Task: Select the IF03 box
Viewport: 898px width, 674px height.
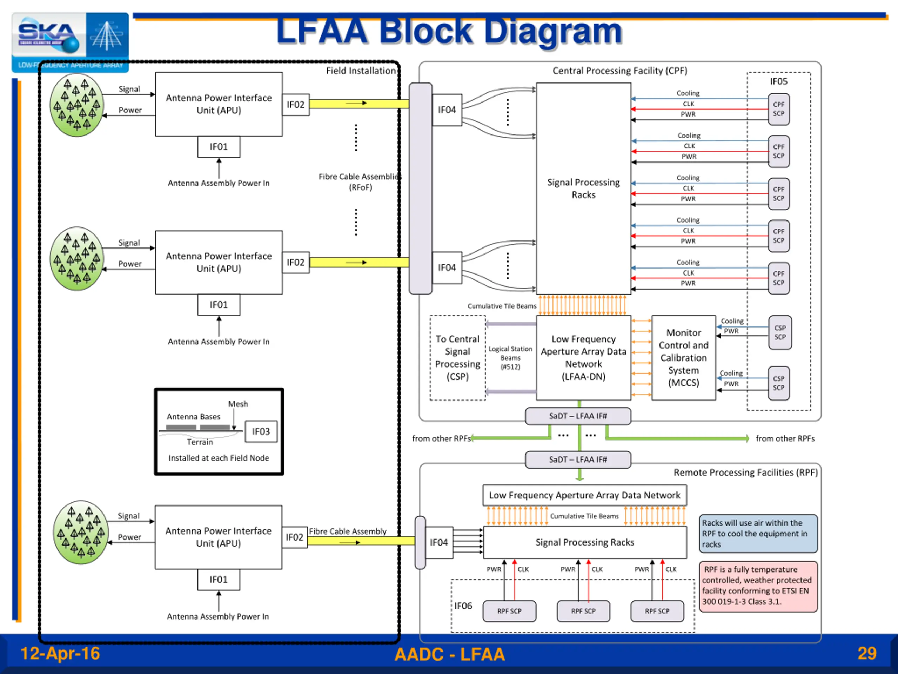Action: click(x=261, y=431)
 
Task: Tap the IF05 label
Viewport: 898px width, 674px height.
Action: click(x=778, y=82)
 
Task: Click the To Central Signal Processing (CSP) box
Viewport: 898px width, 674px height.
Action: click(x=457, y=357)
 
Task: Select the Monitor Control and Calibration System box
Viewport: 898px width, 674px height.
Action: click(x=684, y=357)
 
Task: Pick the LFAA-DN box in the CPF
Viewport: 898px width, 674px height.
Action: click(x=583, y=357)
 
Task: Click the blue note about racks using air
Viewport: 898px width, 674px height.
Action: click(x=758, y=534)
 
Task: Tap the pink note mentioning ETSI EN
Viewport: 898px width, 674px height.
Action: click(x=758, y=586)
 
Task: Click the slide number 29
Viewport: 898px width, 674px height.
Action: click(x=867, y=653)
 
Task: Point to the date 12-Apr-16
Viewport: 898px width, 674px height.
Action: click(x=60, y=653)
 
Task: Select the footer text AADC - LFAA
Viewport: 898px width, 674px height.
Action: click(x=449, y=654)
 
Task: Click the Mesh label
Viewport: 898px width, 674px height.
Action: click(x=238, y=404)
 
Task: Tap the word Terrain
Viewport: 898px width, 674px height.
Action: click(x=200, y=442)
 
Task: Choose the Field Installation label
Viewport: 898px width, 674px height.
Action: click(x=361, y=71)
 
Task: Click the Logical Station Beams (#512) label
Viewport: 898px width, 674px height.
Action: click(x=510, y=357)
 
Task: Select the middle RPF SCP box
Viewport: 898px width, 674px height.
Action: click(x=583, y=611)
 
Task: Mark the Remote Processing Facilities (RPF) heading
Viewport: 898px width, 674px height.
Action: click(x=745, y=473)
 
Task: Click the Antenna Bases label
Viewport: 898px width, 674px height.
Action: click(x=194, y=417)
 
